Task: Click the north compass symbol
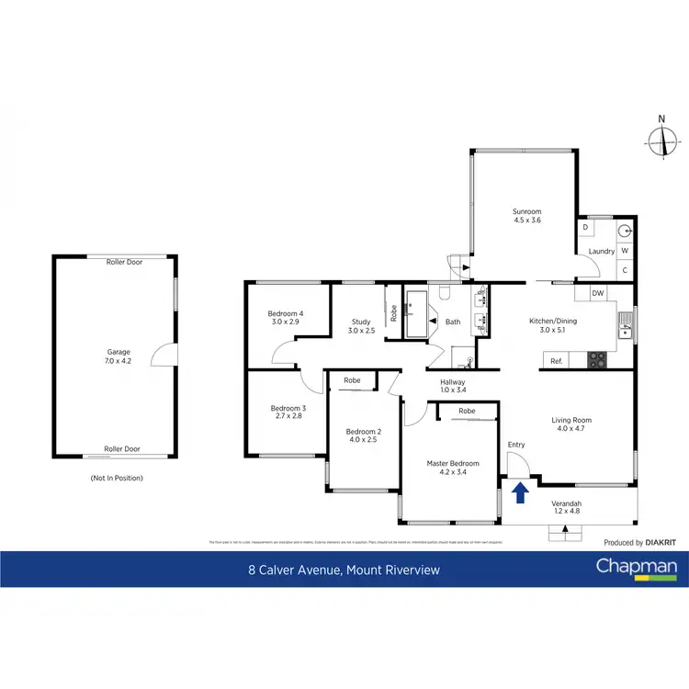[661, 140]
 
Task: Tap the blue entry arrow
[519, 493]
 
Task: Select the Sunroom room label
[526, 217]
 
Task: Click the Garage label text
[119, 356]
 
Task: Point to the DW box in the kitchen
[597, 293]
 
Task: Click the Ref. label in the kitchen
[556, 361]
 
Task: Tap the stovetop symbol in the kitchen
[597, 359]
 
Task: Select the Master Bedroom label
[453, 469]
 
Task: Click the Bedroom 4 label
[286, 318]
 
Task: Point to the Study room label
[361, 326]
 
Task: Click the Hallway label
[453, 387]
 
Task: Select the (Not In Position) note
[117, 478]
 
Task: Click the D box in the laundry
[585, 226]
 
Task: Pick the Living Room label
[570, 424]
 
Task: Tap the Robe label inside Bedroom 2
[352, 380]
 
